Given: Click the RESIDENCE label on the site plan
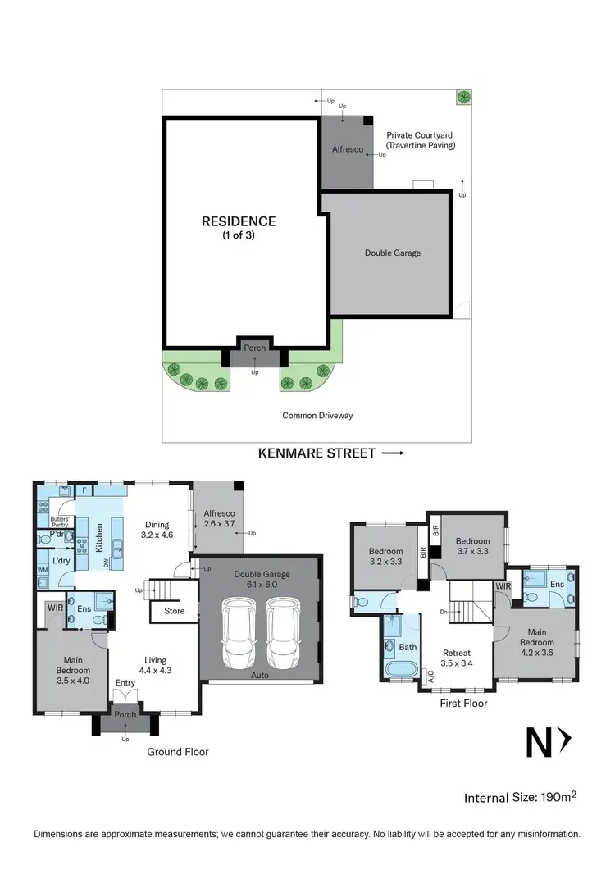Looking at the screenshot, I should pos(239,226).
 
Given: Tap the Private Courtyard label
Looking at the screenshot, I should pos(420,140).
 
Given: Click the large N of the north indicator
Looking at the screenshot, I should pos(539,743).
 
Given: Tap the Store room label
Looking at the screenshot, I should pos(174,611).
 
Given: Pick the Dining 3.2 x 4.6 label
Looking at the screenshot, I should pos(157,530).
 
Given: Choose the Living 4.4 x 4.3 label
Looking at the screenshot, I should pos(155,665).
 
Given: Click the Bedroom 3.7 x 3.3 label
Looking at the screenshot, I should pos(471,547).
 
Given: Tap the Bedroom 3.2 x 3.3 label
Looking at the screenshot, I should pos(385,557).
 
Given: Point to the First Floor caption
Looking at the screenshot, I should pos(463,703).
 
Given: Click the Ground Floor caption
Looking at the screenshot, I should pos(178,751).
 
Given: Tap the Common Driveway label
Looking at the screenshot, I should pos(317,416).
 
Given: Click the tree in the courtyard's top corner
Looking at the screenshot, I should pos(463,97).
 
